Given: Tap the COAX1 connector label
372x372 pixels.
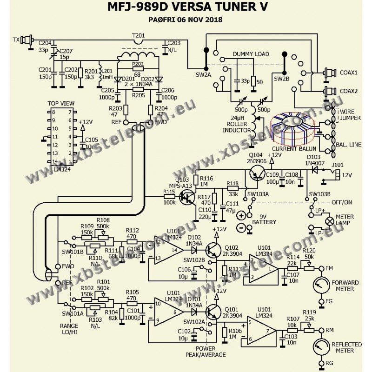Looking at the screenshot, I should click(x=349, y=73).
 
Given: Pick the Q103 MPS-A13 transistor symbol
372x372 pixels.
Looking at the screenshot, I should click(x=188, y=198).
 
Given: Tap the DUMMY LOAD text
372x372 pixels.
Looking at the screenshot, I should click(x=251, y=54).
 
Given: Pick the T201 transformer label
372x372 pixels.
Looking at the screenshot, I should click(x=139, y=35).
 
